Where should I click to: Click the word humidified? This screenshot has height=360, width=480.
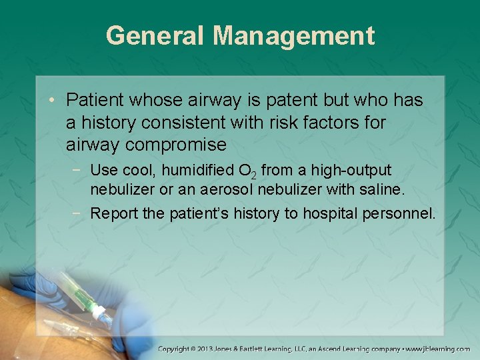point(188,171)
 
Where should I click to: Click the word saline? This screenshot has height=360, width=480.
point(381,189)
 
